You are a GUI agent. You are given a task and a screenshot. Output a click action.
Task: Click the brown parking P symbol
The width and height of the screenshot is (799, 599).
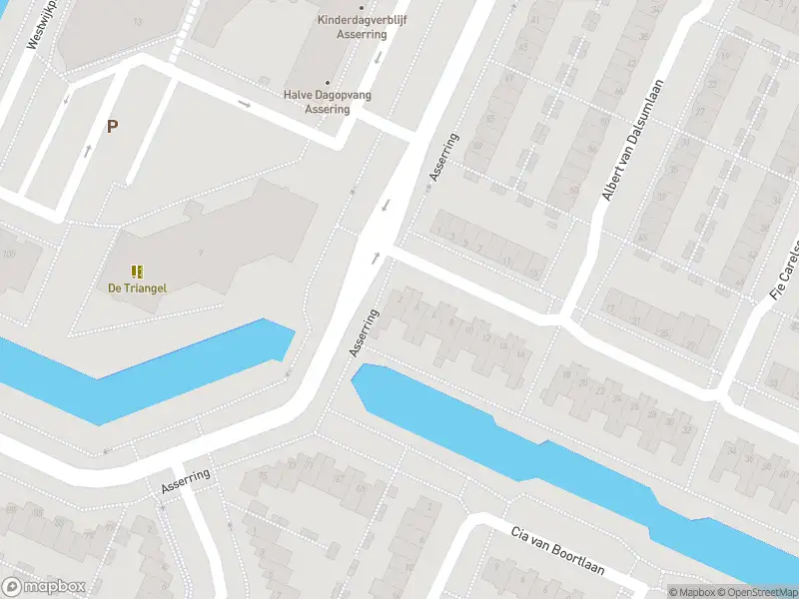[x=112, y=127]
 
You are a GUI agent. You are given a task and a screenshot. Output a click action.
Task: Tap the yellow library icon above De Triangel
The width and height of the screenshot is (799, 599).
[x=137, y=271]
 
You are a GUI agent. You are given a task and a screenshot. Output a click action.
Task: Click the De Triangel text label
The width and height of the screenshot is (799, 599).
[x=138, y=289]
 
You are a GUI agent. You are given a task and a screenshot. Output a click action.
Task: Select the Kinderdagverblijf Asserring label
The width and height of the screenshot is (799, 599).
[x=353, y=26]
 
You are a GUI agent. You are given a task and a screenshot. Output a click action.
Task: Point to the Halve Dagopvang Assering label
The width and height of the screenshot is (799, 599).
[x=328, y=102]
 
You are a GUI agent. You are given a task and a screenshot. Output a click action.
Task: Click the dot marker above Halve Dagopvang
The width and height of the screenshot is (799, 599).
[x=328, y=84]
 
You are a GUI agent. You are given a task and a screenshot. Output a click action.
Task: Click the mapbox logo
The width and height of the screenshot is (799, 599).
[x=44, y=587]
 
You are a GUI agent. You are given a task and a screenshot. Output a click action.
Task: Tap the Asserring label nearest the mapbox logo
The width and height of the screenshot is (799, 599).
[x=186, y=481]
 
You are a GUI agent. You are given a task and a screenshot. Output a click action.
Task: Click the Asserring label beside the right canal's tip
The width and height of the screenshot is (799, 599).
[x=365, y=332]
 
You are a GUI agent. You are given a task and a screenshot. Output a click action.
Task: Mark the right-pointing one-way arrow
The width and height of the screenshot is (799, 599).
[x=244, y=103]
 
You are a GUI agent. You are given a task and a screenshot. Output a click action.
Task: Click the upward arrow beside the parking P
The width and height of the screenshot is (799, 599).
[x=88, y=151]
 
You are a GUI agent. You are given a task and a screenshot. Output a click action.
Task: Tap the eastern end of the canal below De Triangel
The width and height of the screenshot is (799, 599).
[x=290, y=339]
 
